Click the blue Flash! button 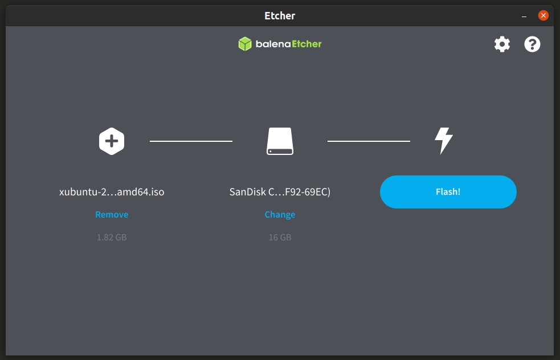pos(448,192)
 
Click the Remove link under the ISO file pos(112,214)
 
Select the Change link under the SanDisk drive pos(280,214)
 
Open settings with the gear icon pos(502,44)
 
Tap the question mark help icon pos(532,44)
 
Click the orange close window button pos(543,15)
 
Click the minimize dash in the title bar pos(524,17)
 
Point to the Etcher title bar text pos(280,16)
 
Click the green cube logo pos(245,44)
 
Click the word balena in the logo pos(273,44)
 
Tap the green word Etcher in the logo pos(307,44)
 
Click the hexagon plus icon pos(112,141)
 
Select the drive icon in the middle pos(280,141)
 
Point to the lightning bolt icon pos(444,141)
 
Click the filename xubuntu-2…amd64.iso pos(112,192)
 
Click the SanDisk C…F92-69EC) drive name pos(280,192)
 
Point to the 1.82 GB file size pos(112,237)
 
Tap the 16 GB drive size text pos(280,237)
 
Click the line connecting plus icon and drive pos(191,141)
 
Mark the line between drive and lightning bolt pos(369,141)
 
